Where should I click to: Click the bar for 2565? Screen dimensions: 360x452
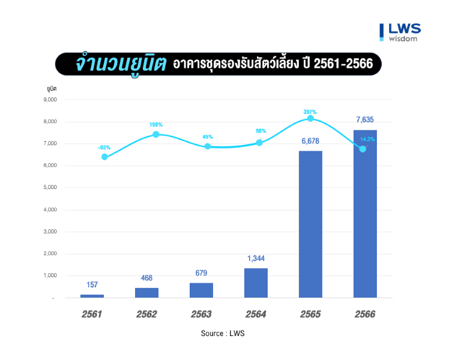pos(310,224)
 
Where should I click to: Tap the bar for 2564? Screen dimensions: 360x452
pos(256,283)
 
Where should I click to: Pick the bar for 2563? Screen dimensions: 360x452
pos(201,290)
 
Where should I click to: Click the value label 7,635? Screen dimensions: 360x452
pos(364,120)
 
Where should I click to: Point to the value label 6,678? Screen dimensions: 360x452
pos(310,142)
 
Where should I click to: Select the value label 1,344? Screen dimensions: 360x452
pos(256,259)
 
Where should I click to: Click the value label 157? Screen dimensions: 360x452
pos(92,285)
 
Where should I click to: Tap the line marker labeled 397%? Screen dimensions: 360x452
pos(310,119)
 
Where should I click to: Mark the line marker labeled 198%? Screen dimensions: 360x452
pos(156,134)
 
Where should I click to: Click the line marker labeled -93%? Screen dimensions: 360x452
pos(104,157)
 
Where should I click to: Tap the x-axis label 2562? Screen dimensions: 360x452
pos(146,314)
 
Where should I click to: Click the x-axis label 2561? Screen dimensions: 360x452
pos(92,314)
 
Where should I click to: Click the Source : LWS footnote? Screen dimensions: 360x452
pos(223,334)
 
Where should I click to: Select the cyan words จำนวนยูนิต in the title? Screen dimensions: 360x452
pos(120,63)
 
